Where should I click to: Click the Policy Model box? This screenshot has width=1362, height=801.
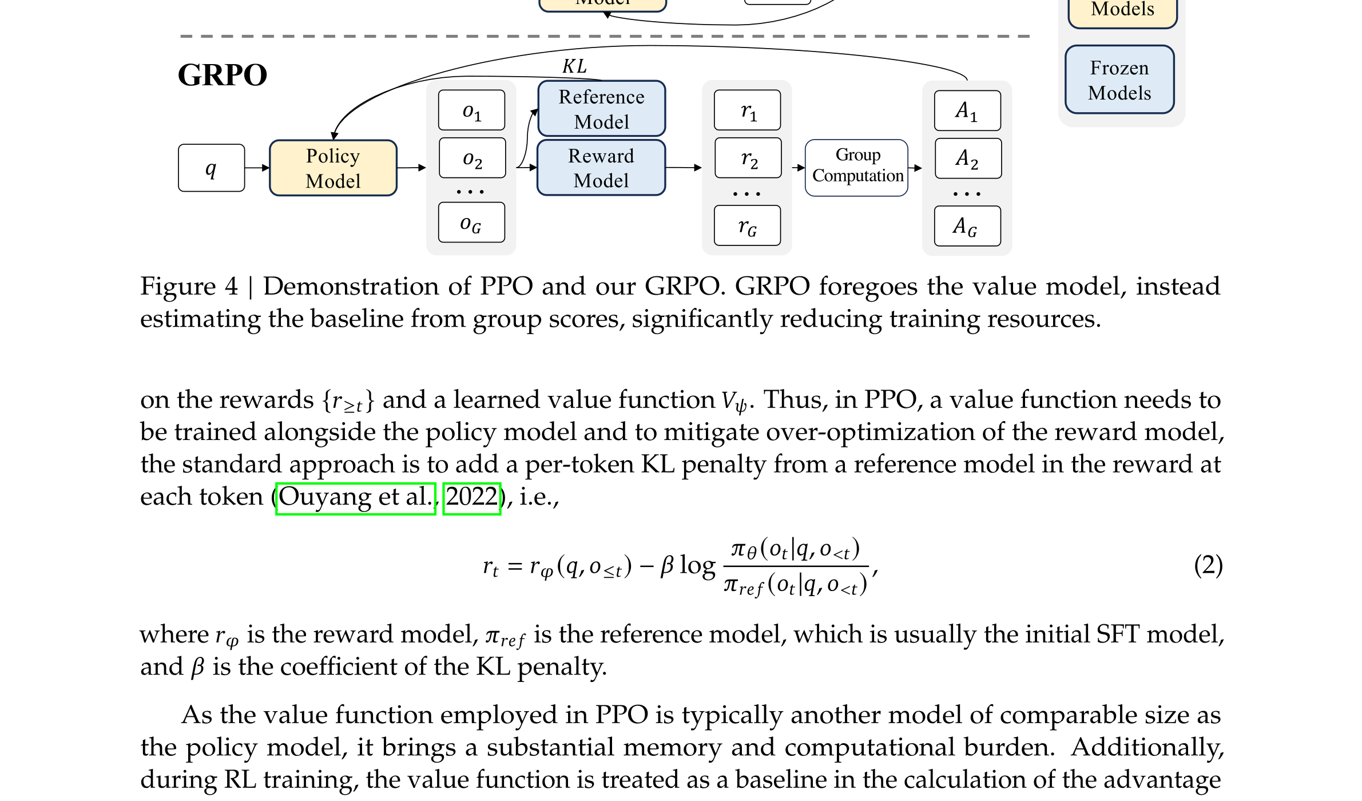tap(333, 168)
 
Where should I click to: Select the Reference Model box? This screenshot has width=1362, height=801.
tap(601, 109)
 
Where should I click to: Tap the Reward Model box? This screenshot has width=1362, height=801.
tap(601, 168)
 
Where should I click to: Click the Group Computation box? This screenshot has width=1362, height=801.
tap(856, 168)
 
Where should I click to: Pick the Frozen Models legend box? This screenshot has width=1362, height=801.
tap(1119, 80)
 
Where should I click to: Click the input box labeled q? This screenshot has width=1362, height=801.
tap(212, 168)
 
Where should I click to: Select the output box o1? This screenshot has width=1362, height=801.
tap(472, 110)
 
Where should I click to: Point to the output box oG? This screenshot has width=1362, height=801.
tap(472, 222)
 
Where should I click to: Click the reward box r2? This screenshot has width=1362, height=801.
tap(748, 158)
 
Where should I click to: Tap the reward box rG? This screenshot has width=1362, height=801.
tap(748, 225)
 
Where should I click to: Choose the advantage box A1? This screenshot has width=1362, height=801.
tap(967, 110)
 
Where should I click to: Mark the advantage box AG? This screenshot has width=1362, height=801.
tap(967, 226)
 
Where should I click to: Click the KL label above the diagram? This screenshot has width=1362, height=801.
tap(574, 66)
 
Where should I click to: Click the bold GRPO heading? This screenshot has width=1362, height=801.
tap(223, 75)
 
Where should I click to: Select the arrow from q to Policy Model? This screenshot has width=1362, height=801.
tap(257, 168)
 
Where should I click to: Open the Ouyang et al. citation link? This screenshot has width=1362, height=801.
tap(356, 498)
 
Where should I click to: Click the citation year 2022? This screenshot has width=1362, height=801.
tap(472, 498)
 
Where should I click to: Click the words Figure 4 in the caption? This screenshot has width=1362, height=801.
tap(189, 287)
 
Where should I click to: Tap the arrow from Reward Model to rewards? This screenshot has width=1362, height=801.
tap(684, 168)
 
